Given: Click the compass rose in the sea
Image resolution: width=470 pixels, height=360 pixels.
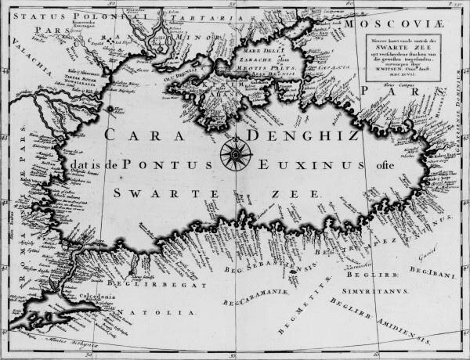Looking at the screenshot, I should click(x=236, y=153).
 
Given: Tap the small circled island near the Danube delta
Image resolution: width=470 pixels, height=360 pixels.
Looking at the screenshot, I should click(x=110, y=109).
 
